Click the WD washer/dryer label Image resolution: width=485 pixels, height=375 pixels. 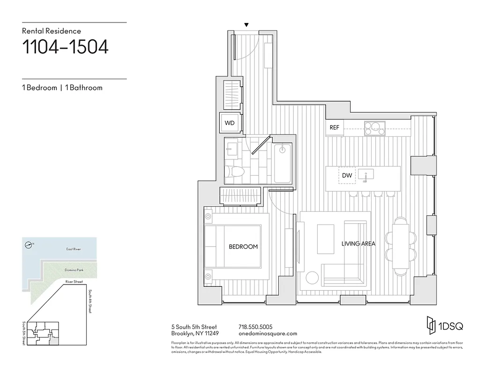tap(230, 123)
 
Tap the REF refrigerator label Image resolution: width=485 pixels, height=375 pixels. tap(334, 127)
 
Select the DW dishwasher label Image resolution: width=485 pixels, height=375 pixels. tap(347, 175)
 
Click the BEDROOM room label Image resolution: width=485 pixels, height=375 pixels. tap(243, 247)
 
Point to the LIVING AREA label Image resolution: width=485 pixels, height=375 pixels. tap(358, 244)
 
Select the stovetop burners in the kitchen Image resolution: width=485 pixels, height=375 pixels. tap(375, 127)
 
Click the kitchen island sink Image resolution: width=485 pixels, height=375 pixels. tap(366, 175)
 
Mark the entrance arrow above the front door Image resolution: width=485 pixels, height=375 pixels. tap(246, 25)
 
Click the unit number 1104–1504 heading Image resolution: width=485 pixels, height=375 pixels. tap(65, 47)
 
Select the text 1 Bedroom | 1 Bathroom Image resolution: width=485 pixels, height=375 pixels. tap(62, 88)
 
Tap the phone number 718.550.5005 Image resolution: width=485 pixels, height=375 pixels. tap(255, 327)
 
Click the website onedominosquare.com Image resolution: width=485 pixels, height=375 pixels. tap(268, 334)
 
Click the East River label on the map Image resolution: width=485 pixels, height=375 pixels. tap(73, 249)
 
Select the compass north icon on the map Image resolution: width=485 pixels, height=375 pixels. tap(29, 244)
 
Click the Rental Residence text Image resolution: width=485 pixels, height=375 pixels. tap(52, 31)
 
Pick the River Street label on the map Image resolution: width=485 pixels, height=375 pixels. tap(74, 282)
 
